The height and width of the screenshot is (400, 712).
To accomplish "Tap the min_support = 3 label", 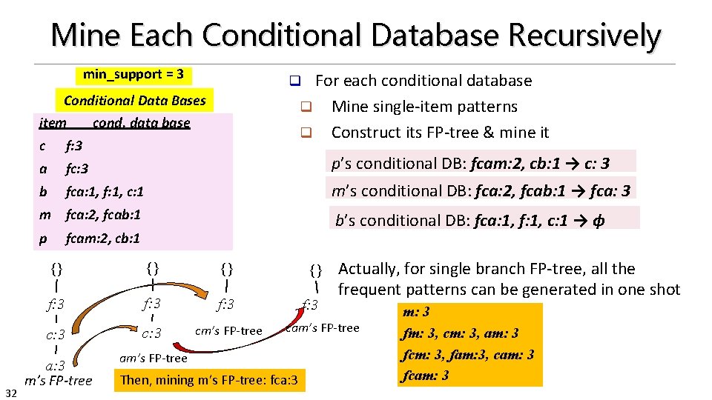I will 133,74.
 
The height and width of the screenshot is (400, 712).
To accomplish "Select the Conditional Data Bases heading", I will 135,100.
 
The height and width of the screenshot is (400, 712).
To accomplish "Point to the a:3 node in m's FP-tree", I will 55,365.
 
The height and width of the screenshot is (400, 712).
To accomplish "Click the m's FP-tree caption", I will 59,381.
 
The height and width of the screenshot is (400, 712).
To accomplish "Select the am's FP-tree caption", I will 153,359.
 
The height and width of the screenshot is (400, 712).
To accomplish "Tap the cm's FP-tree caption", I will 228,330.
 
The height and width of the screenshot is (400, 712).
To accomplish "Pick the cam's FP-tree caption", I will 323,327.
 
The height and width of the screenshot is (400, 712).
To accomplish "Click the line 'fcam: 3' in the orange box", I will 425,376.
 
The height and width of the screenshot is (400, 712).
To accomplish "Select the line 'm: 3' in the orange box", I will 415,312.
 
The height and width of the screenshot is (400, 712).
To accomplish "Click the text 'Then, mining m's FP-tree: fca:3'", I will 208,381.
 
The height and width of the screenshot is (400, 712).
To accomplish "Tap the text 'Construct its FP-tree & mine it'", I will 440,133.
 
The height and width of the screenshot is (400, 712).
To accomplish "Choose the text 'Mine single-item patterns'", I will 424,107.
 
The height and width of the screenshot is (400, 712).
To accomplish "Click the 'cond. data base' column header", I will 142,122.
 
